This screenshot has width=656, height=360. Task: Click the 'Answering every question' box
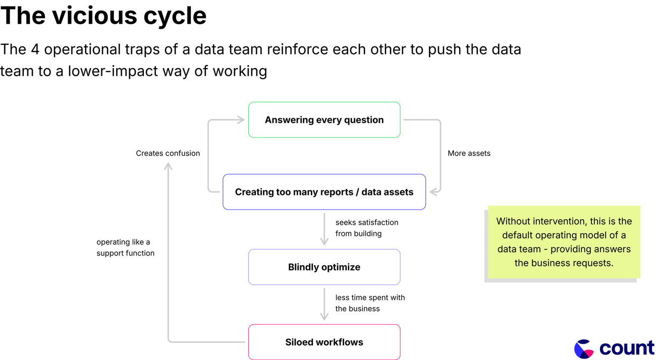[324, 120]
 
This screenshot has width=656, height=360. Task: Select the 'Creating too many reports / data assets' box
[324, 192]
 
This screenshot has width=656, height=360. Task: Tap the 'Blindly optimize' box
[324, 267]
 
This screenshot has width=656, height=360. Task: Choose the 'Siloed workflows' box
[324, 342]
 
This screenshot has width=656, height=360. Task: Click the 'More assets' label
[469, 153]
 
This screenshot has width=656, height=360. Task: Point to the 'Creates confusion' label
[168, 153]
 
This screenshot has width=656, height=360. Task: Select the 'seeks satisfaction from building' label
[367, 228]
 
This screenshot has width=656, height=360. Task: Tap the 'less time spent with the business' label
[370, 303]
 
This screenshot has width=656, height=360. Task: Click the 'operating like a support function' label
[125, 247]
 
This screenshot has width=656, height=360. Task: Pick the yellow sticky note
[564, 242]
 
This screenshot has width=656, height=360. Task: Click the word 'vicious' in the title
[94, 16]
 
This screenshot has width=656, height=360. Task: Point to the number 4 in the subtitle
[35, 49]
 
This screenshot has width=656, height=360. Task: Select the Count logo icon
[584, 348]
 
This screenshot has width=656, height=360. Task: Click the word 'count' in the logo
[627, 348]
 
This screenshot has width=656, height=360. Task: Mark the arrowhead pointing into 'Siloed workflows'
[324, 317]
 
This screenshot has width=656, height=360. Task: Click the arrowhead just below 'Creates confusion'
[168, 167]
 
